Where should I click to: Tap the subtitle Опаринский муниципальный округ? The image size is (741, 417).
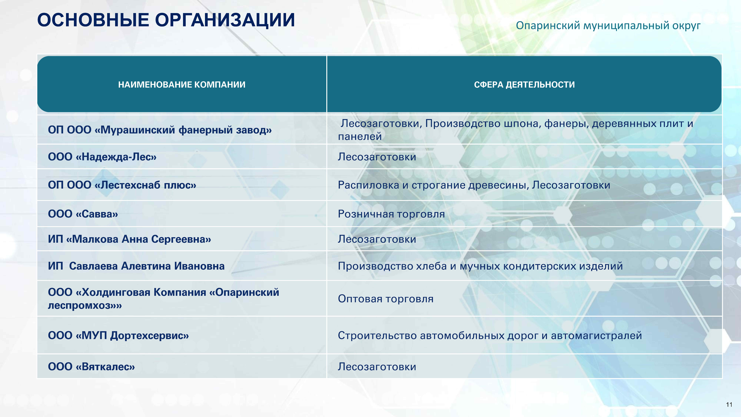(608, 26)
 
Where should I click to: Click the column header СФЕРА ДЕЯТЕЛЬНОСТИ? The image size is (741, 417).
(524, 85)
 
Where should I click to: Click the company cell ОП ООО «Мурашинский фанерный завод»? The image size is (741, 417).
(160, 130)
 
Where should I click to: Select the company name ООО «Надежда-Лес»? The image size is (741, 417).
(102, 157)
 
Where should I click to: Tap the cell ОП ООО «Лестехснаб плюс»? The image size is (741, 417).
(122, 185)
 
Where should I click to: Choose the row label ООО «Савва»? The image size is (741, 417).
(83, 214)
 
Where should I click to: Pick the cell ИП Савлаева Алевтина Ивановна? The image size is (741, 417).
(136, 266)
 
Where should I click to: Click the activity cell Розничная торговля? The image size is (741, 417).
(391, 214)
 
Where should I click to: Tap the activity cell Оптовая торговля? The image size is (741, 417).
(385, 299)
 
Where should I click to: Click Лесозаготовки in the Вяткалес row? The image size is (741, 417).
(377, 367)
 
